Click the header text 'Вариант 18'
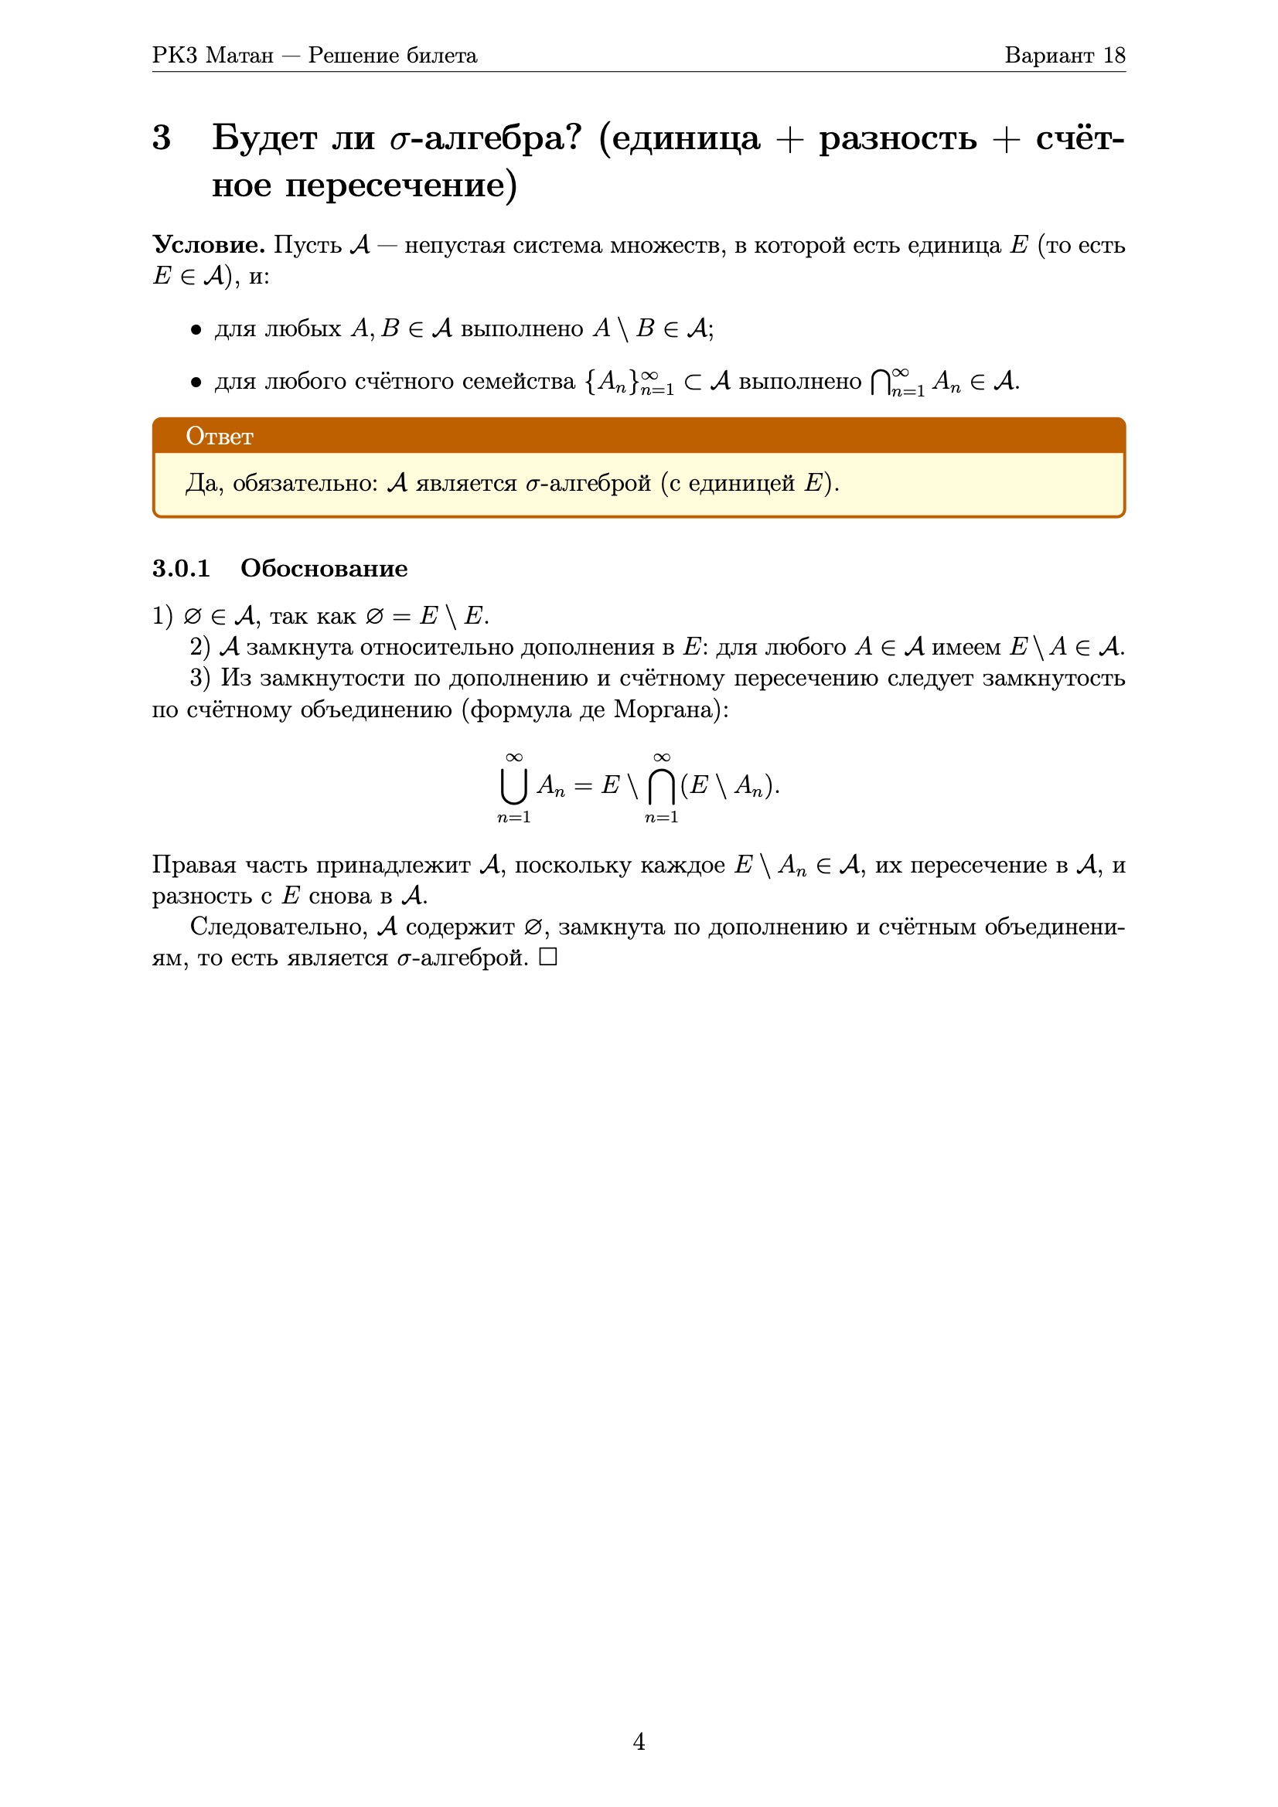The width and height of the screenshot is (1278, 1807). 1064,55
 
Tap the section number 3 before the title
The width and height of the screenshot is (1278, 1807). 162,138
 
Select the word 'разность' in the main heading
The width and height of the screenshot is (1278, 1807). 897,138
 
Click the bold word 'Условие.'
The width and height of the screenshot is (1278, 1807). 209,245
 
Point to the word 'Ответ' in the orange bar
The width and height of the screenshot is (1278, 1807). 220,436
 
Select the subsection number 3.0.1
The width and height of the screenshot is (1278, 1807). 181,568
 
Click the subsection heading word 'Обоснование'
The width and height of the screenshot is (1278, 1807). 324,568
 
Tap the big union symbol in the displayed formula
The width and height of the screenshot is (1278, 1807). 513,785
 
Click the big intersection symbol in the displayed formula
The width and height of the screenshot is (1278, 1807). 661,785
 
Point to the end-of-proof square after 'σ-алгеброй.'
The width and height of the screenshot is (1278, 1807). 548,957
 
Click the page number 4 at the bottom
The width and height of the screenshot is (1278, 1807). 639,1741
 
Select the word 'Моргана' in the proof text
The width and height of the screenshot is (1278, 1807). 667,710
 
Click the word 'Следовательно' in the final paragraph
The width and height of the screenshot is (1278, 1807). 279,927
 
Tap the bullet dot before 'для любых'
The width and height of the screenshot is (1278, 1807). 196,330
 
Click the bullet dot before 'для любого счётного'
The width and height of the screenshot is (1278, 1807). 196,383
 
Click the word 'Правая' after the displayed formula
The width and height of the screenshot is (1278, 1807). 194,865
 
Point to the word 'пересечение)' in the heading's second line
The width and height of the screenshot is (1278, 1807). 400,185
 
